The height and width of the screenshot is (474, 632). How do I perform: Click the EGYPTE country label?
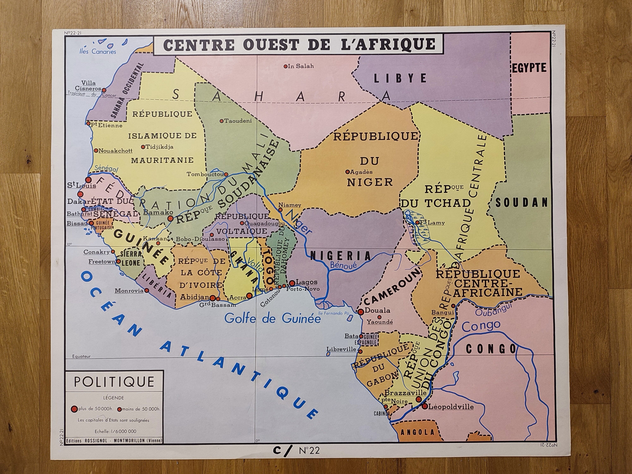[x=529, y=68]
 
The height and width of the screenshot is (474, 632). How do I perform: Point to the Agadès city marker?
[x=347, y=172]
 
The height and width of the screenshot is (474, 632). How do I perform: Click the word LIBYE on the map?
[x=400, y=78]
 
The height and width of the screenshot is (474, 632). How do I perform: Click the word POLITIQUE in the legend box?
[x=114, y=382]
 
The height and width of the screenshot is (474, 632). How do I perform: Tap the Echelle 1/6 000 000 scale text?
[x=115, y=431]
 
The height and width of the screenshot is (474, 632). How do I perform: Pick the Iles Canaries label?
[x=98, y=52]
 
